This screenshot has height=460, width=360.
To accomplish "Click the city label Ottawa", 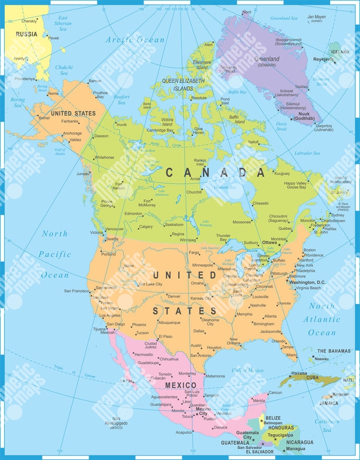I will (x=270, y=242).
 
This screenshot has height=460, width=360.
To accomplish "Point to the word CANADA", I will (x=214, y=172).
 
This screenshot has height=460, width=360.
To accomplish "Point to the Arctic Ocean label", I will (x=135, y=39).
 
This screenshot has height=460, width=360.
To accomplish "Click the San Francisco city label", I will (x=75, y=291).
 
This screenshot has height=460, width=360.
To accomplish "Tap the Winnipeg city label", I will (x=188, y=240).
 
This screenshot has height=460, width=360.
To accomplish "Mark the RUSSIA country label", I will (x=26, y=34).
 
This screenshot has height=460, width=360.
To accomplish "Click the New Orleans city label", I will (x=234, y=342).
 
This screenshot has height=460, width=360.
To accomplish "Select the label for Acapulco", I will (x=184, y=432).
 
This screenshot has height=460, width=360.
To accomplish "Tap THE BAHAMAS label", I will (x=333, y=351).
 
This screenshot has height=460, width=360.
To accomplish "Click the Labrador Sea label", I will (x=308, y=153).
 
